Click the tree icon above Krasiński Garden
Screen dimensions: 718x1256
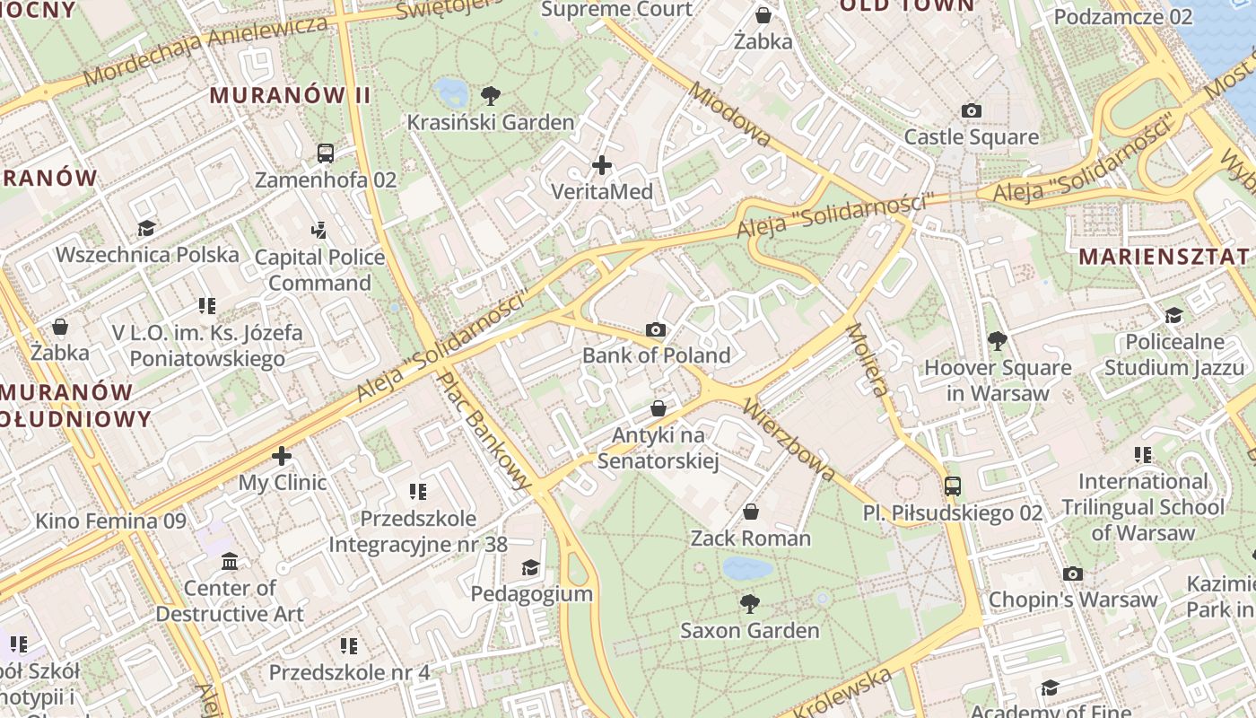(x=491, y=95)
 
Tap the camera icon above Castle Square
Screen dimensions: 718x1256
(x=971, y=111)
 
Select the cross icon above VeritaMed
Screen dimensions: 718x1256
(x=602, y=165)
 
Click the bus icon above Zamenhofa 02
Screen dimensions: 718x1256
(x=326, y=153)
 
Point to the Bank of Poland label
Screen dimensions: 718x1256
(x=656, y=355)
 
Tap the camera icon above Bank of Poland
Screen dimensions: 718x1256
(x=656, y=330)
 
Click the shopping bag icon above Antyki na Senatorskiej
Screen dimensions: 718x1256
(x=659, y=409)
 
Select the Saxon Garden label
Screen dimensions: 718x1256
(x=749, y=630)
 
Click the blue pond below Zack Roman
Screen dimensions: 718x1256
(x=747, y=568)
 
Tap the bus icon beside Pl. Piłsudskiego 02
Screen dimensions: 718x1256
(x=953, y=486)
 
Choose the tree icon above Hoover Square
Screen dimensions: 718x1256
(x=997, y=341)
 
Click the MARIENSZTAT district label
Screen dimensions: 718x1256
(x=1164, y=257)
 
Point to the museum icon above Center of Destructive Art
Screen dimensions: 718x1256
(x=230, y=562)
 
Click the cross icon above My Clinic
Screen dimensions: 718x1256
(x=282, y=456)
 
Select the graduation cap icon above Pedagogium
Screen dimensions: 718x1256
(x=531, y=568)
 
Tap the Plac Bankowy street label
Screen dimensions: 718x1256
(x=484, y=431)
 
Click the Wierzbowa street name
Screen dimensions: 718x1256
(x=789, y=439)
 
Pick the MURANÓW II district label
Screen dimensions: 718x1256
(x=290, y=95)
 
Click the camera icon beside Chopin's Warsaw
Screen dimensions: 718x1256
(x=1072, y=574)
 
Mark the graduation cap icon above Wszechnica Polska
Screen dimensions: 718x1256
(x=146, y=229)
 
